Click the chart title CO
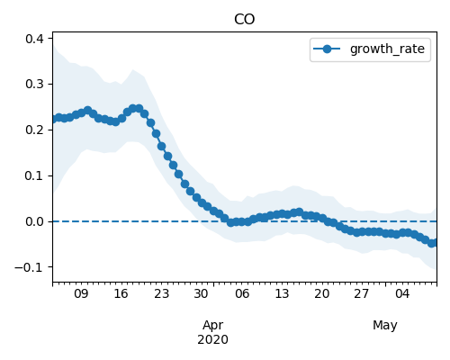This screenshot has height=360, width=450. [245, 20]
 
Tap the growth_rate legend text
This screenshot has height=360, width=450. [387, 49]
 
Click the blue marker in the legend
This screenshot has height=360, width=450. [327, 49]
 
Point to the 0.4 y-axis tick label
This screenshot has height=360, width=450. [34, 39]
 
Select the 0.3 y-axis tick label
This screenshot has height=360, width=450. [34, 84]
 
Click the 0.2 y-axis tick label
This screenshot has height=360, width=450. [34, 130]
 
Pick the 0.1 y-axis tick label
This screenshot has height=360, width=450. [34, 175]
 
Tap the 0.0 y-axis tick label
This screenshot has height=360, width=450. [34, 221]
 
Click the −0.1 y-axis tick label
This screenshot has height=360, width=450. [30, 267]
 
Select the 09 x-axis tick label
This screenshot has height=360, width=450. [81, 293]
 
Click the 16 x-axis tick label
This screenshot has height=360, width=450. [121, 293]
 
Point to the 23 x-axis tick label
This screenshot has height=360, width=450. [161, 293]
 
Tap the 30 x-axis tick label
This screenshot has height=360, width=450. [201, 293]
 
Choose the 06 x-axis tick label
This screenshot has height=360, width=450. [242, 293]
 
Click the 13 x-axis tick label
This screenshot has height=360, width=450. [282, 293]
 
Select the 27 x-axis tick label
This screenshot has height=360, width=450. [361, 293]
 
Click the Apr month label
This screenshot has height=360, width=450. [213, 326]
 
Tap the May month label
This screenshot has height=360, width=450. [385, 326]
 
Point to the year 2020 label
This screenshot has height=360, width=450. [212, 339]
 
